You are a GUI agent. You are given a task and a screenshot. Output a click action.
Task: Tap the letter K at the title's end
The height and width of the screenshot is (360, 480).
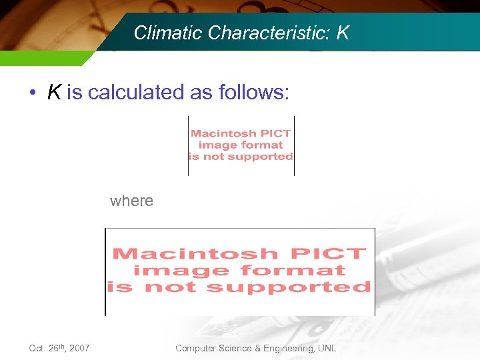point(343,33)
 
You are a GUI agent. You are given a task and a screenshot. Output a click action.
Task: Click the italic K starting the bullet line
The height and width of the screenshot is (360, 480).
point(55,93)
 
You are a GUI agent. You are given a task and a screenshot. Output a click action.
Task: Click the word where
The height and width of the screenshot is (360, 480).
point(131,201)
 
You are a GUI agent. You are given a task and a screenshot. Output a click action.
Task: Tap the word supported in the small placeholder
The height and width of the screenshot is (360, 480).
point(261,157)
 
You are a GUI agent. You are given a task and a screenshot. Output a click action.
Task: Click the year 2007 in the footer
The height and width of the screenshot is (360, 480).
point(79,348)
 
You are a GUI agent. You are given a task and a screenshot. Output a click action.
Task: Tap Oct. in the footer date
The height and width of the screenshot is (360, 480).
point(38,348)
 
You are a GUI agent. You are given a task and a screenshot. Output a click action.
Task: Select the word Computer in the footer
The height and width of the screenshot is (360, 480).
point(195,348)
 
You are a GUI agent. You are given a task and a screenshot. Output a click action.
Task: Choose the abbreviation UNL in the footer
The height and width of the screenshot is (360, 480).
point(327,348)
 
